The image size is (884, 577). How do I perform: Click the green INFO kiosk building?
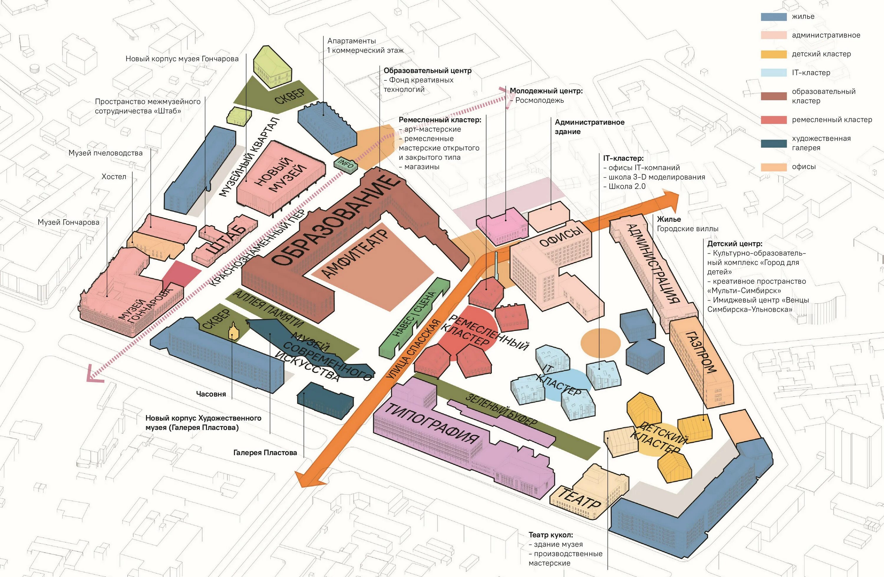coord(346,164)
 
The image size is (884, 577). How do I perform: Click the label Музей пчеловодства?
coord(105,153)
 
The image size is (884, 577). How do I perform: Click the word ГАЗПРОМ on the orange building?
coord(700,352)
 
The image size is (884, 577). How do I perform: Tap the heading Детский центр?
coord(735,244)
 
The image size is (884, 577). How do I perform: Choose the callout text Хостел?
coord(114,177)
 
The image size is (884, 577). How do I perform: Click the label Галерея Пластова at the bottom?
coord(265,453)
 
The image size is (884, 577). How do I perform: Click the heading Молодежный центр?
coord(546,91)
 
